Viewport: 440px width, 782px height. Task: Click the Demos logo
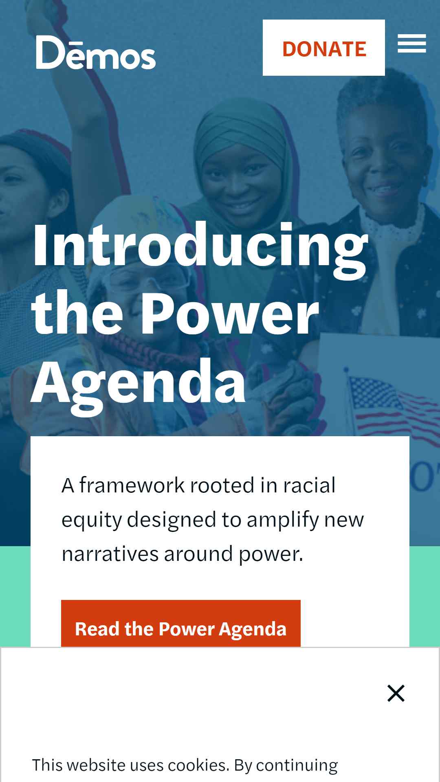point(96,53)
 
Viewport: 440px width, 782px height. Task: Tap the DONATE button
point(324,48)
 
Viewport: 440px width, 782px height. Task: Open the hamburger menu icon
point(412,44)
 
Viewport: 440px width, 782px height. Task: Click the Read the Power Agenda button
point(181,624)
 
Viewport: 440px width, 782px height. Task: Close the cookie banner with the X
point(396,693)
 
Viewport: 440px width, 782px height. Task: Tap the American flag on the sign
point(387,403)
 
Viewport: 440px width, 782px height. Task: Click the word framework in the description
point(132,485)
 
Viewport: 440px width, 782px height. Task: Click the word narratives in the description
point(110,554)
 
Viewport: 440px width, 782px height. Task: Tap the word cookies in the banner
point(197,765)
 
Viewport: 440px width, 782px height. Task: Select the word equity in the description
point(92,521)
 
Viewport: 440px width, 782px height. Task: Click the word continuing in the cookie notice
point(297,765)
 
